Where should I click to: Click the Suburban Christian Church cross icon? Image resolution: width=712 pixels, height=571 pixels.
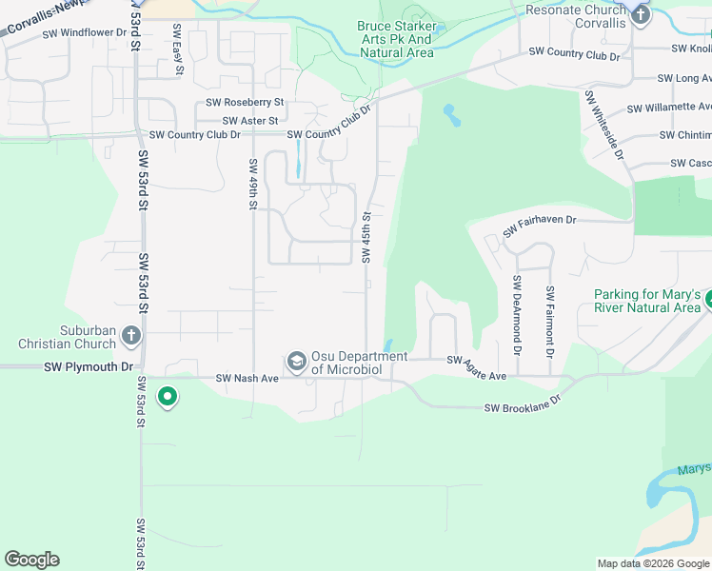131,335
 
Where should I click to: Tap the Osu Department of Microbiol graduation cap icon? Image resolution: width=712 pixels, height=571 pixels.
296,361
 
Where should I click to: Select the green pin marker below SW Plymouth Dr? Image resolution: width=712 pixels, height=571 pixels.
168,396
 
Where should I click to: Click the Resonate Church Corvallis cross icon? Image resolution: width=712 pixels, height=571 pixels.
641,14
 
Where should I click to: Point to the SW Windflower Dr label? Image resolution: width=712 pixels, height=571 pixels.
85,32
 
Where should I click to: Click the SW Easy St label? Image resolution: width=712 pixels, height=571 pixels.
177,45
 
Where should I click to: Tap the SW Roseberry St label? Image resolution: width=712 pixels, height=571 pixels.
246,103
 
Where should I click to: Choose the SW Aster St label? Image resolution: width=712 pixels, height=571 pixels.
250,121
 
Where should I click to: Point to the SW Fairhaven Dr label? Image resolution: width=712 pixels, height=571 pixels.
540,226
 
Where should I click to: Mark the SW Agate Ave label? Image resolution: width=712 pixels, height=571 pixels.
477,369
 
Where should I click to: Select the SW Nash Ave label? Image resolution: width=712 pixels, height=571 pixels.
247,378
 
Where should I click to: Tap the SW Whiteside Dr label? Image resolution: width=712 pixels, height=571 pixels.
605,125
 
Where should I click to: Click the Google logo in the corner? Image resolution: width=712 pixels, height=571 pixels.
31,560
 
